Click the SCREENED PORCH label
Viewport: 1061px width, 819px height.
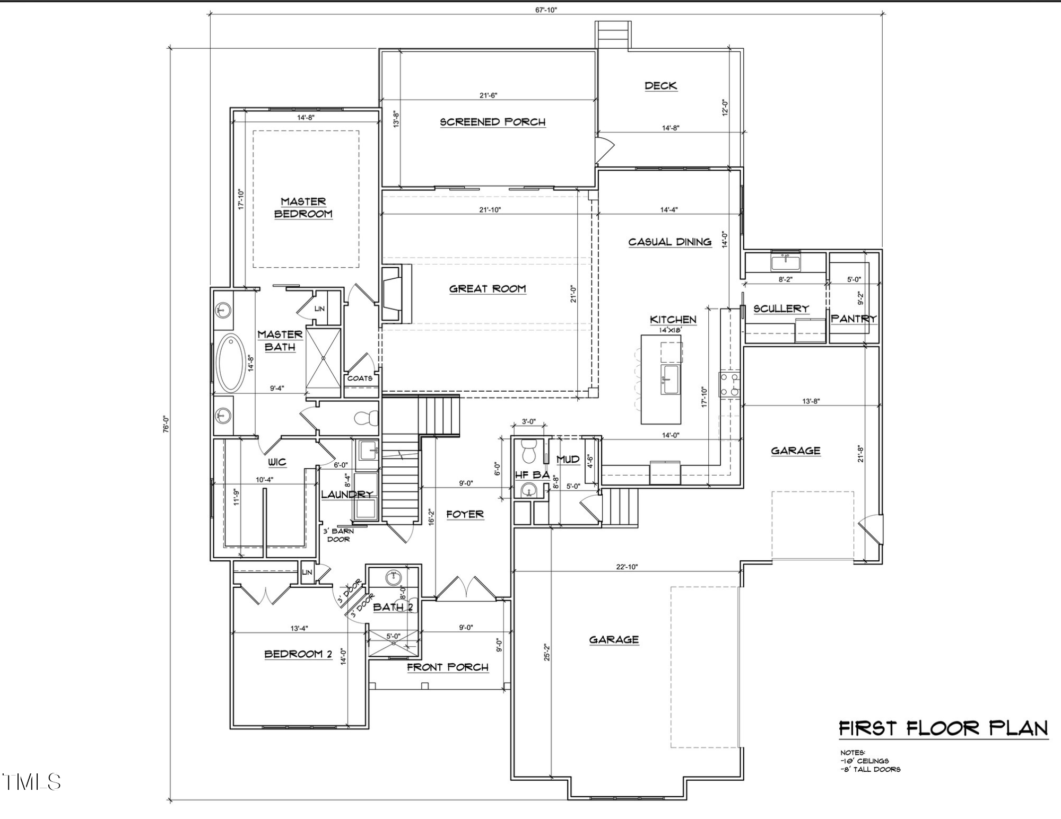coord(492,122)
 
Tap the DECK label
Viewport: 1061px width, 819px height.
coord(660,86)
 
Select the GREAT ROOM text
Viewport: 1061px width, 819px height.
coord(488,289)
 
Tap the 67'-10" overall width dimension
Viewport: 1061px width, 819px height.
coord(546,10)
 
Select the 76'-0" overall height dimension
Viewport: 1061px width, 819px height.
coord(166,424)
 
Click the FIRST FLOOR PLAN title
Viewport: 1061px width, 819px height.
coord(943,728)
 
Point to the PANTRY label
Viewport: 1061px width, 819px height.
coord(853,319)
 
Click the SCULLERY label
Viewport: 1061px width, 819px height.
coord(781,309)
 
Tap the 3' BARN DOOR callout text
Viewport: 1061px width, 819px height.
coord(338,535)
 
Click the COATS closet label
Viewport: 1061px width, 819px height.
coord(360,378)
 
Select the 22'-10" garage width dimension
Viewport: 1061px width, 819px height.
coord(627,567)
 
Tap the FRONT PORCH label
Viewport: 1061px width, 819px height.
coord(447,667)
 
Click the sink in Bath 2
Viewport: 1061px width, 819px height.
coord(393,578)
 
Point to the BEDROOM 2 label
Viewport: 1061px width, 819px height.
coord(298,654)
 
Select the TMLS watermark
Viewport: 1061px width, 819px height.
coord(32,782)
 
